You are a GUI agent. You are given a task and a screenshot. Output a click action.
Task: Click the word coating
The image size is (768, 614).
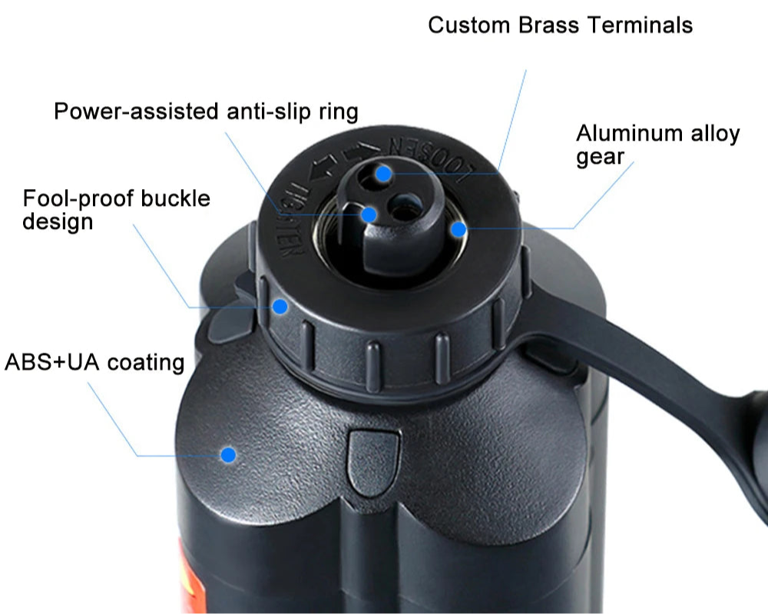pyautogui.click(x=146, y=362)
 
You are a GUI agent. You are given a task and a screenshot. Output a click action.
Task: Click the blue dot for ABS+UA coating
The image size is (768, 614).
pyautogui.click(x=227, y=455)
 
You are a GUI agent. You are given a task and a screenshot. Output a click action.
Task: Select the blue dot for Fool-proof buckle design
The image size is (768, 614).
pyautogui.click(x=280, y=307)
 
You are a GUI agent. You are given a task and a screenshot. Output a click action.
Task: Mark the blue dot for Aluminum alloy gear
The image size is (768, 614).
pyautogui.click(x=458, y=229)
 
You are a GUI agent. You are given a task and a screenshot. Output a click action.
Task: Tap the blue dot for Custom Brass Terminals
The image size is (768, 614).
pyautogui.click(x=384, y=172)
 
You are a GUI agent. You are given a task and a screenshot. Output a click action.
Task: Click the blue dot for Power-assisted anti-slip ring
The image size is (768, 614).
pyautogui.click(x=369, y=215)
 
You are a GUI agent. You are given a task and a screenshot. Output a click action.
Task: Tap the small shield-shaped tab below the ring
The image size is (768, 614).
pyautogui.click(x=373, y=458)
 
